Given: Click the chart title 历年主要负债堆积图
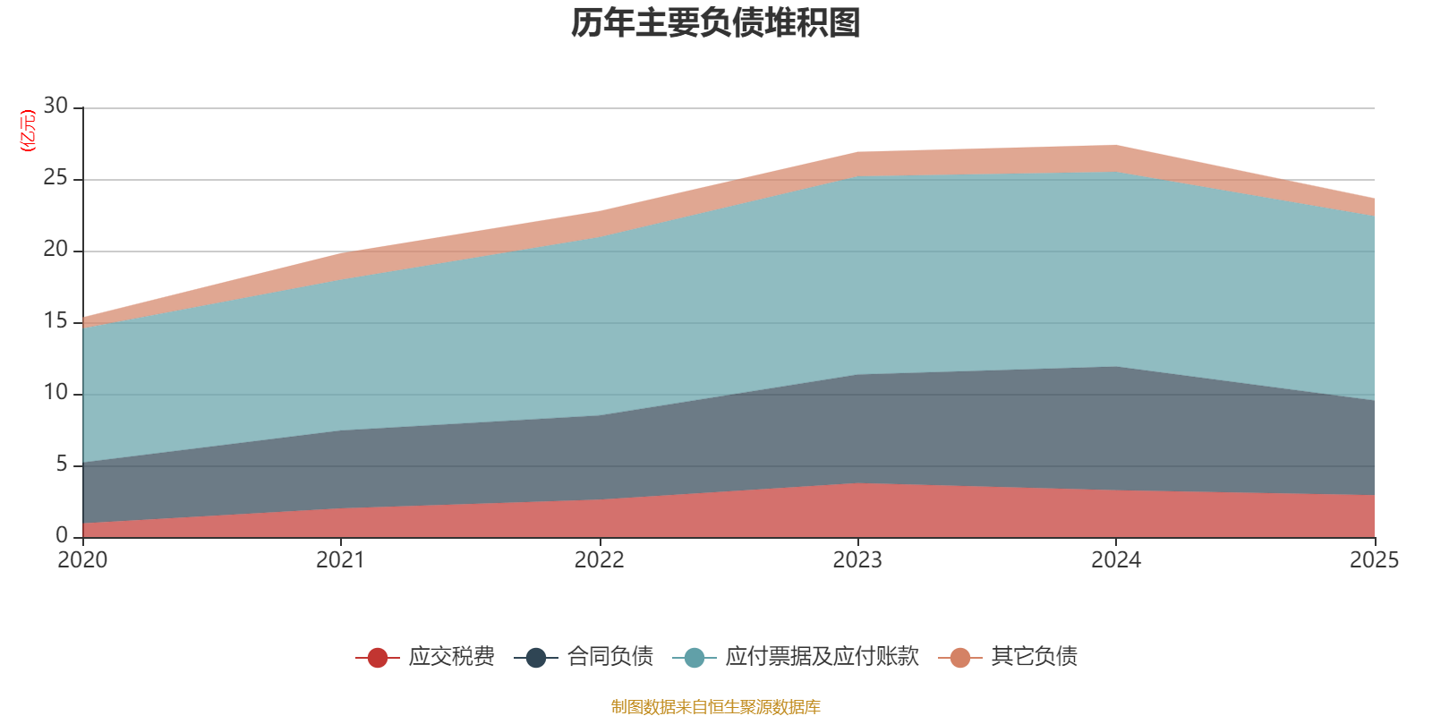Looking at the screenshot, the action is pos(715,23).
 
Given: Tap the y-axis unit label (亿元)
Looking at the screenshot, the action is pos(28,131).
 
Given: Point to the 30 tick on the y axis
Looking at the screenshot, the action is pos(55,106).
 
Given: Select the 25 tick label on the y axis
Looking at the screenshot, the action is pos(55,177).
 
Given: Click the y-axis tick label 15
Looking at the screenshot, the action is pos(55,320).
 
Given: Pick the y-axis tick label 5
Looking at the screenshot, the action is pos(62,464).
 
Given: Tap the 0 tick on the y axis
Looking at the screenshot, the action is pos(62,535).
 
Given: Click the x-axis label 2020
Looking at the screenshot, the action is pos(82,560).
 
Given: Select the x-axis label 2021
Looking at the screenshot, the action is pos(341,560).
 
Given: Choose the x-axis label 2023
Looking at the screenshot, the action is pos(857,560).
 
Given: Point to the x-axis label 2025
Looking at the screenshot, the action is pos(1375,560).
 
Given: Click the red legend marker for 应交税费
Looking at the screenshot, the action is pos(377,657).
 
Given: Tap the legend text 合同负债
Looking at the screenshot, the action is pos(609,657).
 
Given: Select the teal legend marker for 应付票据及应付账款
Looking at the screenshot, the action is pos(695,657).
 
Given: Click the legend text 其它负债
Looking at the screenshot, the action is pos(1034,657).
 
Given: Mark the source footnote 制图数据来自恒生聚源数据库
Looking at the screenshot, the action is pos(715,706).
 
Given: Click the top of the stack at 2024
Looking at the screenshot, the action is pos(1116,146).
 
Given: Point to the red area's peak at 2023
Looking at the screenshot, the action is pos(858,483).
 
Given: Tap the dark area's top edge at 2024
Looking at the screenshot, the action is pos(1116,367).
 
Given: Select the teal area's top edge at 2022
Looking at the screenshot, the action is pos(600,237).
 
